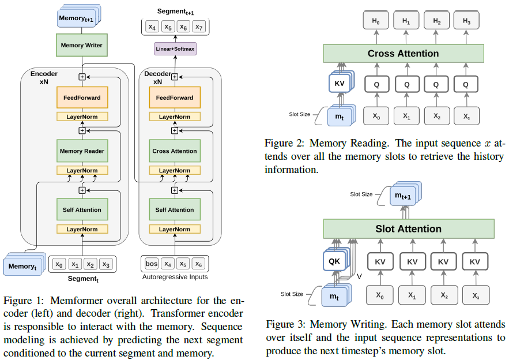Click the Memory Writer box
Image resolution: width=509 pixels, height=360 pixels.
tap(81, 45)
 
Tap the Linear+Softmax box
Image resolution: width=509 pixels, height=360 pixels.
tap(175, 48)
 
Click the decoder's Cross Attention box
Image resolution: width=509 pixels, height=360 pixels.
tap(174, 151)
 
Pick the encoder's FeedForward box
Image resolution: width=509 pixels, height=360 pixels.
tap(82, 97)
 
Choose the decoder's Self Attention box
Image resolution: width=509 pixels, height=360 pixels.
tap(174, 210)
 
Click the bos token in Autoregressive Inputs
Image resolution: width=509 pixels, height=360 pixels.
tap(152, 264)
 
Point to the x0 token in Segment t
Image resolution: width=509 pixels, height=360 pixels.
tap(59, 264)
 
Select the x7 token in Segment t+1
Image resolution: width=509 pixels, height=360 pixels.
tap(198, 27)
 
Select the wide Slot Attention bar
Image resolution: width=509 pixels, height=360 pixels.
tap(409, 229)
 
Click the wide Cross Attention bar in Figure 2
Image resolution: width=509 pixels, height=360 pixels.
tap(404, 54)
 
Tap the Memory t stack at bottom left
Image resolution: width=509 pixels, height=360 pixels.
tap(22, 266)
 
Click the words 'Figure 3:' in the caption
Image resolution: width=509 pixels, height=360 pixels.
tap(285, 324)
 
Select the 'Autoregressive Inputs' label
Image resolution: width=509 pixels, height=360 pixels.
tap(175, 278)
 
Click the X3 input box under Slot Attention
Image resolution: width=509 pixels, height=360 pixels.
tap(474, 294)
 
